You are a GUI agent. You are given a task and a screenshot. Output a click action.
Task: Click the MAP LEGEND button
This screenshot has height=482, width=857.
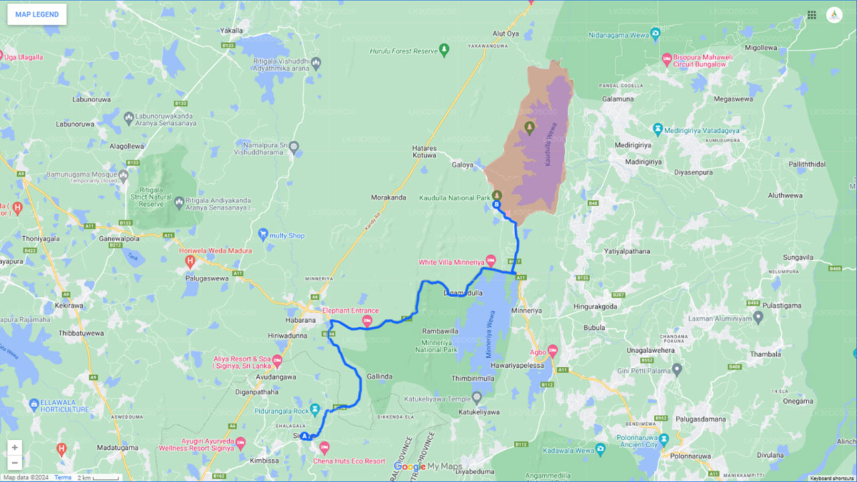pos(37,14)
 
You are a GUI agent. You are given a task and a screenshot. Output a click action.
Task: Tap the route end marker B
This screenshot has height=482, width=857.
pos(496,204)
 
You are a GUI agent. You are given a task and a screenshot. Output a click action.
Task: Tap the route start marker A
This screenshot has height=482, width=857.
pos(305,436)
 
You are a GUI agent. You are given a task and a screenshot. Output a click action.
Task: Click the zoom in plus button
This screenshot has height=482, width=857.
pos(15,447)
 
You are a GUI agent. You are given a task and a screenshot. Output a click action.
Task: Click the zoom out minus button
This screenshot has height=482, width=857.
pos(15,463)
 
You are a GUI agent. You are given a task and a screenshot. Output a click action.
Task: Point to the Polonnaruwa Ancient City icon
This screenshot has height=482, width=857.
pos(664,440)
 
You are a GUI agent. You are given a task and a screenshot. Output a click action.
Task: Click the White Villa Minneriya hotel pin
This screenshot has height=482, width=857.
pos(491,260)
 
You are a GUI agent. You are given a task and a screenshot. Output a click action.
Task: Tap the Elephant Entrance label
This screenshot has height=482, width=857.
pos(350,311)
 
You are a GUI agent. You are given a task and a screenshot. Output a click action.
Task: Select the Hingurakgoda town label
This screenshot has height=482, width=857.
pos(595,306)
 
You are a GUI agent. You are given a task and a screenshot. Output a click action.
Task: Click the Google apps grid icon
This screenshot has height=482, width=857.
pos(811,15)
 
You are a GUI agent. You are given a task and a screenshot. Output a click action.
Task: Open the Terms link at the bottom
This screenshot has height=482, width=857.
pos(63,477)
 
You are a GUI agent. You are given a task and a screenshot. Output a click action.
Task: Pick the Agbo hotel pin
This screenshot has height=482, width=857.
pos(552,350)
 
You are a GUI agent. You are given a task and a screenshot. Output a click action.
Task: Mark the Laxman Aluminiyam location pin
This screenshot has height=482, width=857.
pos(758,317)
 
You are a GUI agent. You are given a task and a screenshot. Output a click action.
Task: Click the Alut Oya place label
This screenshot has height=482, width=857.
pos(505,33)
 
